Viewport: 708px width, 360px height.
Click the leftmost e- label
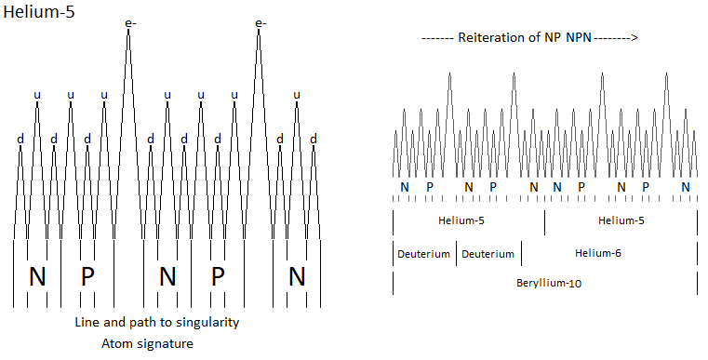pyautogui.click(x=129, y=23)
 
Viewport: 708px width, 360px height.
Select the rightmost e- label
pyautogui.click(x=261, y=23)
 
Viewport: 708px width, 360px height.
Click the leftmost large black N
pyautogui.click(x=37, y=276)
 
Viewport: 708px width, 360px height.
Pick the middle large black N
pyautogui.click(x=167, y=276)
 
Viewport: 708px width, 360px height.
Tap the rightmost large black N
pyautogui.click(x=297, y=276)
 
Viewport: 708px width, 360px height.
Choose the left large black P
pyautogui.click(x=87, y=276)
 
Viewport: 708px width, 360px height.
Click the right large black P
pyautogui.click(x=218, y=276)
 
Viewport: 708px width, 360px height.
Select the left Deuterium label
pyautogui.click(x=424, y=253)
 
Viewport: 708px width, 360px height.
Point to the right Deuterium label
pyautogui.click(x=488, y=253)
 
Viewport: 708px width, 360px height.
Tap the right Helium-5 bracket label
pyautogui.click(x=621, y=220)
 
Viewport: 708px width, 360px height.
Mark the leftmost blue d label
pyautogui.click(x=20, y=139)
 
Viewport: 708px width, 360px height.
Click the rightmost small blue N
pyautogui.click(x=686, y=187)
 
